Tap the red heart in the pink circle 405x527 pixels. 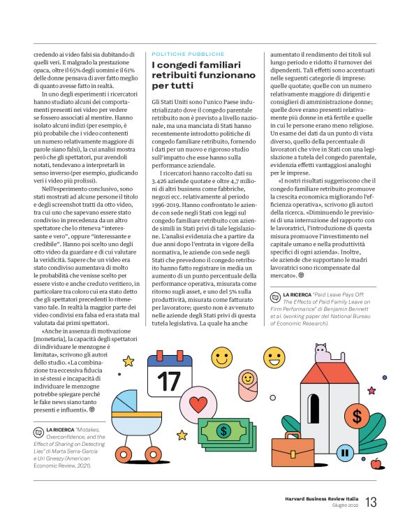point(199,405)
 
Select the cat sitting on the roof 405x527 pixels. point(321,351)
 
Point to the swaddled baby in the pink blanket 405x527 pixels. point(249,378)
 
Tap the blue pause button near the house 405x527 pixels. point(344,452)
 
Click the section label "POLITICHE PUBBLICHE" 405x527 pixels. point(189,54)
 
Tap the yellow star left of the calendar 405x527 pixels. point(128,361)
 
